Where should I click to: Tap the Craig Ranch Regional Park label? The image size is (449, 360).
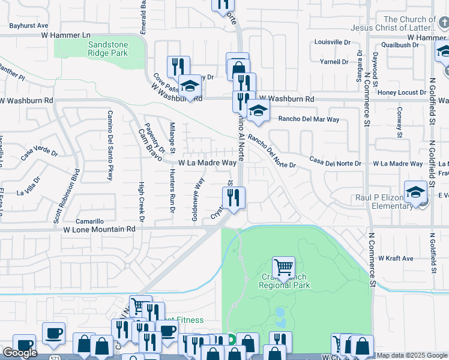284,281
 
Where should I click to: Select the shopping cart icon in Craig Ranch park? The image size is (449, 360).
283,267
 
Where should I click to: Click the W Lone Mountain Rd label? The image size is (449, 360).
99,229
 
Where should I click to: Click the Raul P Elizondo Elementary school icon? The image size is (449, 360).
415,192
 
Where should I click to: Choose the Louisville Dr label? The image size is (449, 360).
332,43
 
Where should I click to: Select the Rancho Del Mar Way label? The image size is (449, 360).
309,119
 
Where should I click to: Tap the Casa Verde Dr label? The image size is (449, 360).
39,154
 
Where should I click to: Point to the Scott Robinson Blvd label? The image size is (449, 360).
67,195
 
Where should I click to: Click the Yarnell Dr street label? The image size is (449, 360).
334,61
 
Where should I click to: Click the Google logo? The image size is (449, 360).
20,353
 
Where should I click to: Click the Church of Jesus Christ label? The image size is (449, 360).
410,24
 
